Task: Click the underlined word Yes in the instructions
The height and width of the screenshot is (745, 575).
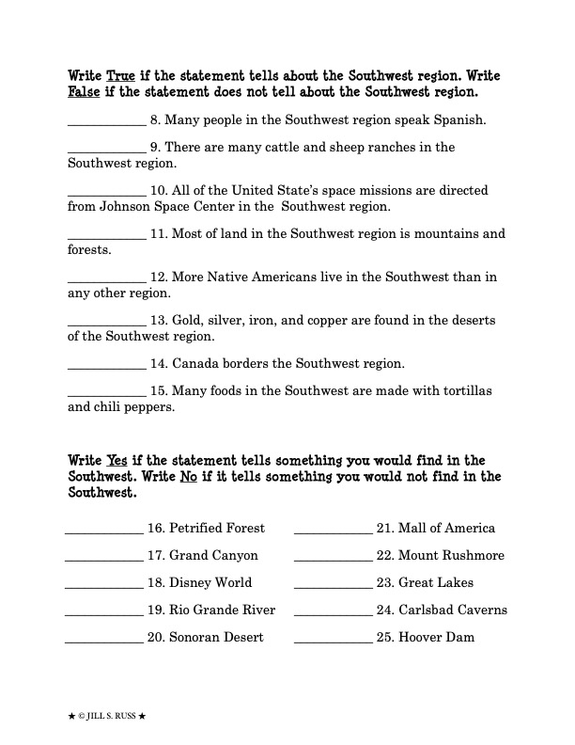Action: pyautogui.click(x=117, y=461)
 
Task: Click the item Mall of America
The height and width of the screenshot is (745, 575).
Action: pyautogui.click(x=446, y=529)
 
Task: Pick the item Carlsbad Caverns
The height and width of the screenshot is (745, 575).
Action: pyautogui.click(x=452, y=610)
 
